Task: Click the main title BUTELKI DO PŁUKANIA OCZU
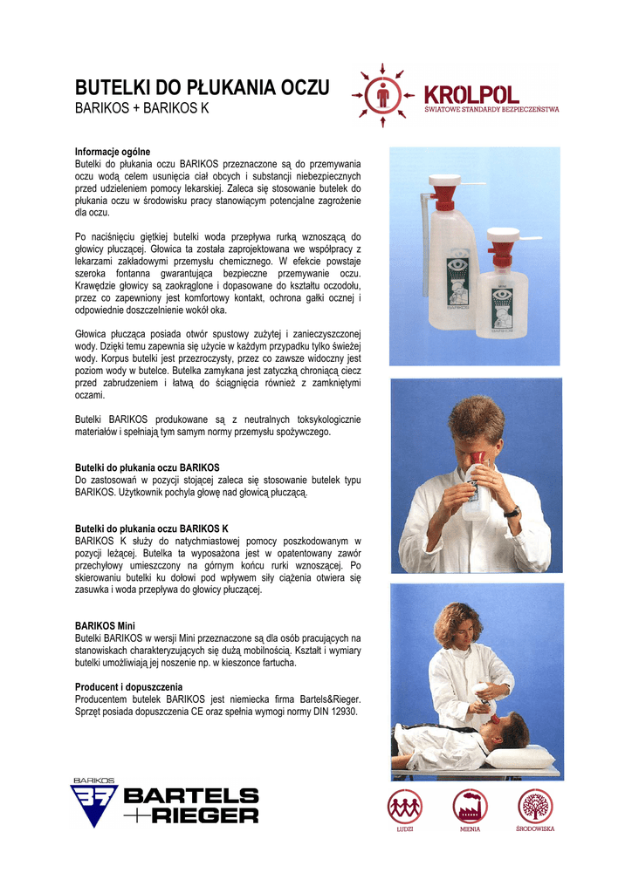[203, 87]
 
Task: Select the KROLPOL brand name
[471, 94]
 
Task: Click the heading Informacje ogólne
[113, 152]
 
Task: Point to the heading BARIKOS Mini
[105, 625]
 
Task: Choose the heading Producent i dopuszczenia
[129, 687]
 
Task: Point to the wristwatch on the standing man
[512, 512]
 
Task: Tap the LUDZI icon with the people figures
[405, 807]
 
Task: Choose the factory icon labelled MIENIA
[471, 807]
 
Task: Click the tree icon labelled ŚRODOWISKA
[535, 807]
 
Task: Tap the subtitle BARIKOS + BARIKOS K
[142, 107]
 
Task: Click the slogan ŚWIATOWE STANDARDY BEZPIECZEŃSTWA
[491, 109]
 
